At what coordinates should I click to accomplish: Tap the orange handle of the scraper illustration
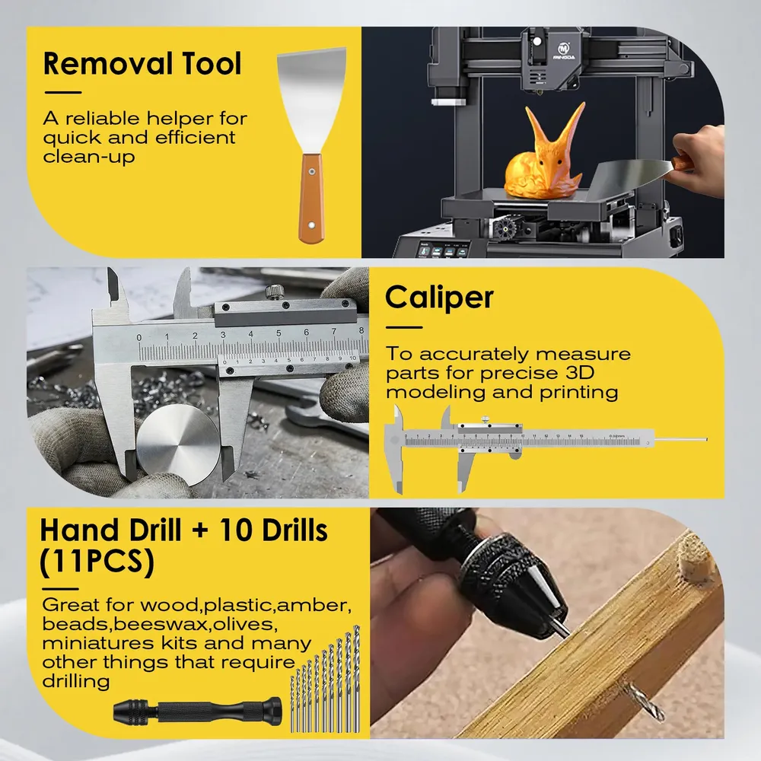311,198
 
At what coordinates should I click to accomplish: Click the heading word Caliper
439,298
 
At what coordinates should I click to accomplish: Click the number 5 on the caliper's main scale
279,333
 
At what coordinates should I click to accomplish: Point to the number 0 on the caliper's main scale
139,337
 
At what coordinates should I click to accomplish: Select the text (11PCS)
97,562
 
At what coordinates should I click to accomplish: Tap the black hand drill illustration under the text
198,712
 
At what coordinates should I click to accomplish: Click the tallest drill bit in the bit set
357,679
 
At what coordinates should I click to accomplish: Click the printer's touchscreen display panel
443,251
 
